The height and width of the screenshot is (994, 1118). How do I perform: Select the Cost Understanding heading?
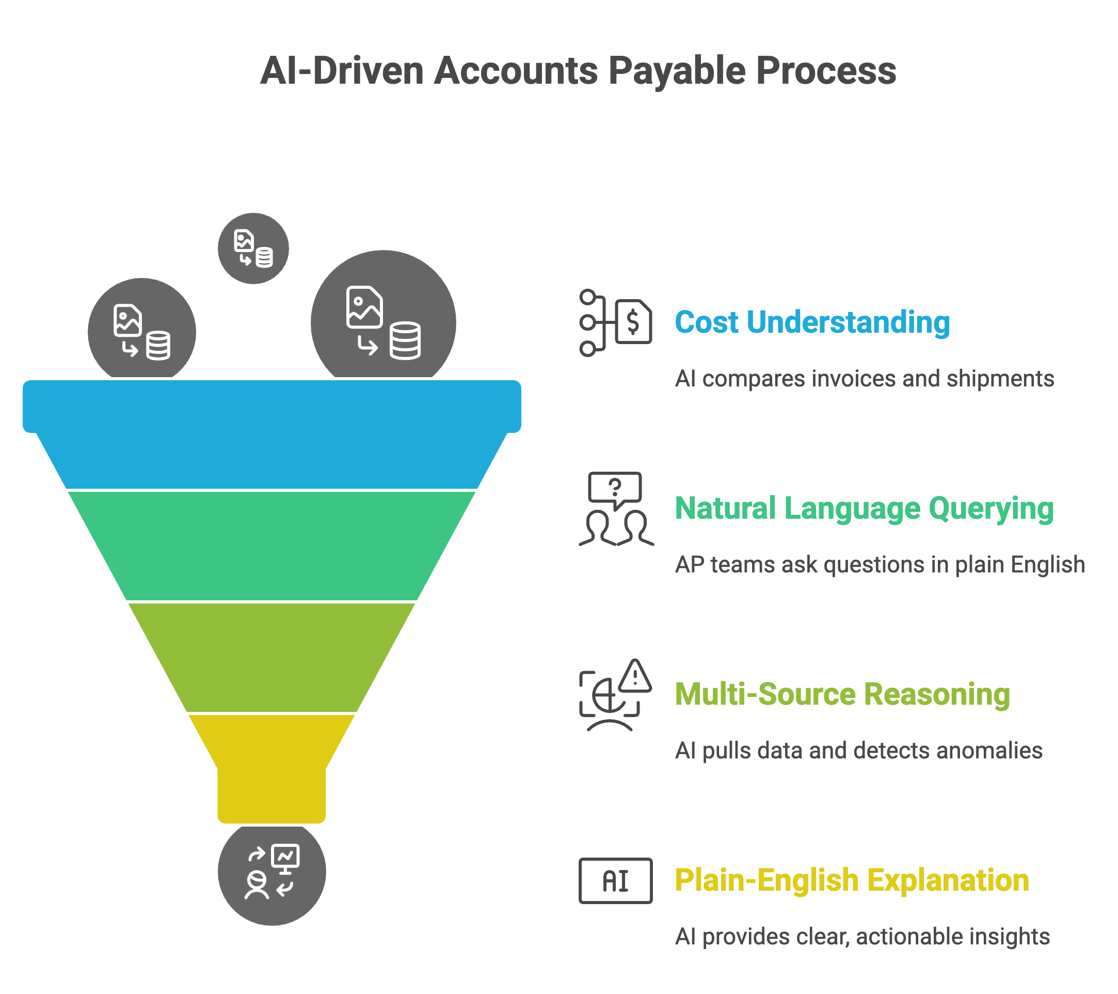click(812, 322)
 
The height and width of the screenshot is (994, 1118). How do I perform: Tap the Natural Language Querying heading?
click(864, 508)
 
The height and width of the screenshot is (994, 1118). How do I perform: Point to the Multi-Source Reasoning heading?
click(842, 694)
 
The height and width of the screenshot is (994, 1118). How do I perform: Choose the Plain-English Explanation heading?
click(852, 880)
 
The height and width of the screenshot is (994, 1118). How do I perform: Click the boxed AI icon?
click(615, 881)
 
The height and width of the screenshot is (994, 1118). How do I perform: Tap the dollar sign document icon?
click(633, 322)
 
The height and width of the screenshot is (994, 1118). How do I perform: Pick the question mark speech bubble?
click(615, 488)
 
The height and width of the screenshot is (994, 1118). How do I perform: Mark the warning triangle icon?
click(634, 677)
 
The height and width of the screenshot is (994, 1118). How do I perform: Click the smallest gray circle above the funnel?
click(253, 248)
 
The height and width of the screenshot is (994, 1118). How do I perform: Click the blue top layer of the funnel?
click(272, 432)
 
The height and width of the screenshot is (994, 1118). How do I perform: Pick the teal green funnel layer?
click(272, 546)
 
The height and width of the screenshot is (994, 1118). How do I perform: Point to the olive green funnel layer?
click(272, 657)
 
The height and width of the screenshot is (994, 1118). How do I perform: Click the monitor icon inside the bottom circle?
click(285, 858)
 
